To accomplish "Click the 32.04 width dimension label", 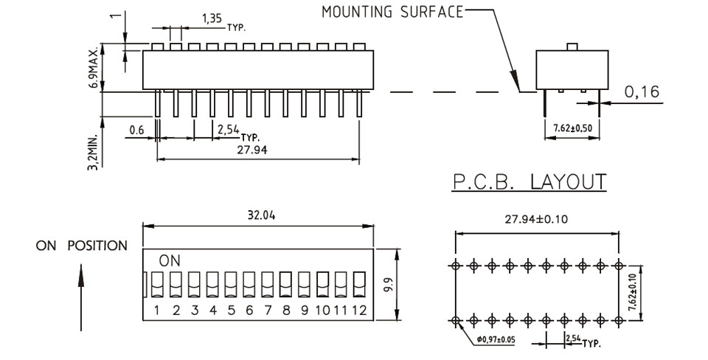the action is [261, 215].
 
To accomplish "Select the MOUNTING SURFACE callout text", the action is [392, 12].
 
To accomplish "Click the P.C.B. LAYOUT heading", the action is [530, 181].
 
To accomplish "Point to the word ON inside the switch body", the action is [170, 260].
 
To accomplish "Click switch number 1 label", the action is [156, 311].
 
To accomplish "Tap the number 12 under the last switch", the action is [359, 311].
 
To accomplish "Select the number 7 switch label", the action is [268, 311].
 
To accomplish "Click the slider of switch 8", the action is [285, 284].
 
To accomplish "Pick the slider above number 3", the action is [194, 284].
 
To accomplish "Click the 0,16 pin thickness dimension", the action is [642, 91].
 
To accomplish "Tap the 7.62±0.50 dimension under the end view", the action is [572, 128].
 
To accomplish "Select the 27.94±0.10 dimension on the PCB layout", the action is [536, 220].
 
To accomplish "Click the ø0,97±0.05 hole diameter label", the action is [496, 339].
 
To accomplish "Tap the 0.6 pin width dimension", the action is [136, 130].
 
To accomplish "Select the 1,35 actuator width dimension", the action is [212, 18].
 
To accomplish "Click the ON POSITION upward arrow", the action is [81, 297].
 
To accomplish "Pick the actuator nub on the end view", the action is [572, 47].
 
